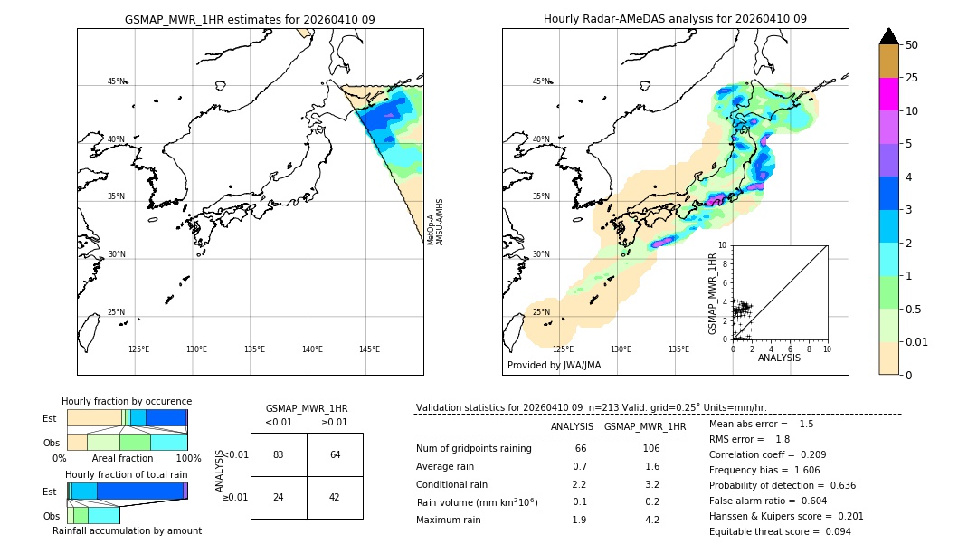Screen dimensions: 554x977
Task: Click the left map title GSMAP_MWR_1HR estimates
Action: [250, 19]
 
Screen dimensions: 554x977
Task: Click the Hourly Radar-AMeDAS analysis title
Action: [675, 19]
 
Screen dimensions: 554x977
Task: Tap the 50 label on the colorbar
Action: [912, 45]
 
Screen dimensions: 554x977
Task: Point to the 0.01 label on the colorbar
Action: [917, 341]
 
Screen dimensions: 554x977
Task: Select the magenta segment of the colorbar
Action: [888, 94]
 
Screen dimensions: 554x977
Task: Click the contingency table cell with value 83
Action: [278, 454]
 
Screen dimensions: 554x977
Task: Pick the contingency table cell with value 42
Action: [335, 497]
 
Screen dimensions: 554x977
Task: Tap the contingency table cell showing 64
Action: [335, 454]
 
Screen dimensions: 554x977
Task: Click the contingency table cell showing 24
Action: [278, 497]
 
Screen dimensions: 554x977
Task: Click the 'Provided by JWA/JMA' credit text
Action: [554, 365]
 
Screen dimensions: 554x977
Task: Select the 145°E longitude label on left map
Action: [369, 349]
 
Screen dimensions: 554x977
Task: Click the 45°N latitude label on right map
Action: [541, 81]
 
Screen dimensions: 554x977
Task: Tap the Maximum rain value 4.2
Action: [651, 520]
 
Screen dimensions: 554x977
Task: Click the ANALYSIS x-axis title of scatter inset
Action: [779, 358]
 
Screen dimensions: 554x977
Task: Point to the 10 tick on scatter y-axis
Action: [723, 245]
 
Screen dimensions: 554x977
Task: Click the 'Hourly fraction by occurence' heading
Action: [127, 401]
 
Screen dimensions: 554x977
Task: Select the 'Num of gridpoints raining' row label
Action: [473, 448]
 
